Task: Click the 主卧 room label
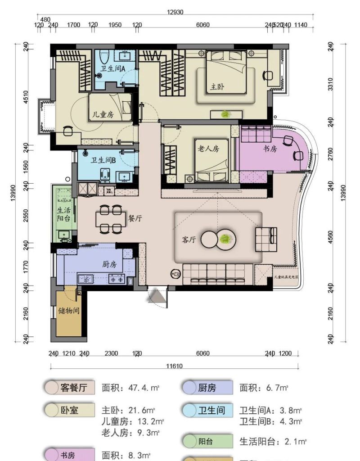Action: click(217, 86)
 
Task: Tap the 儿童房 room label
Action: click(103, 114)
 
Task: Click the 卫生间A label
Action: click(112, 68)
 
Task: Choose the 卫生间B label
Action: click(103, 160)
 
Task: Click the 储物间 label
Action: click(69, 311)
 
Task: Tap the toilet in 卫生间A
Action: click(105, 57)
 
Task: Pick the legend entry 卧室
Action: click(70, 410)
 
